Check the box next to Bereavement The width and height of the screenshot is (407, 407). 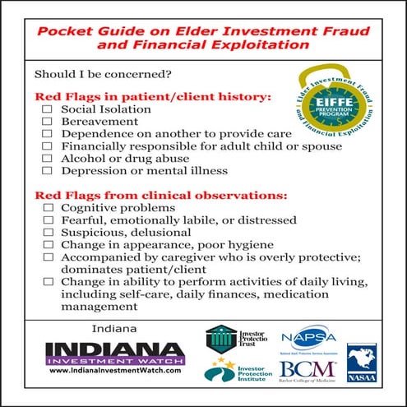coord(47,122)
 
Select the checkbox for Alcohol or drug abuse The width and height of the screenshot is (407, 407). coord(47,159)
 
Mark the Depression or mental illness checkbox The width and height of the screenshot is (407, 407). coord(47,171)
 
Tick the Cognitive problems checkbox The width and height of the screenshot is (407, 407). coord(47,209)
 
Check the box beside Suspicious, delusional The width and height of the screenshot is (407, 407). coord(47,234)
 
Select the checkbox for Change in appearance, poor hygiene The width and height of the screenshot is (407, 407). coord(47,246)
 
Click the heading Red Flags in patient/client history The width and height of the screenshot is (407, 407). coord(152,96)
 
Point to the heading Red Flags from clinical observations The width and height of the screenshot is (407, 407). coord(160,196)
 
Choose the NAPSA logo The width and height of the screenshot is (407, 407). coord(308,340)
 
